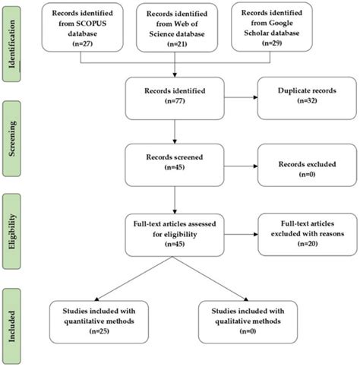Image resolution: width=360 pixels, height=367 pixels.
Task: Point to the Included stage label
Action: click(12, 322)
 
